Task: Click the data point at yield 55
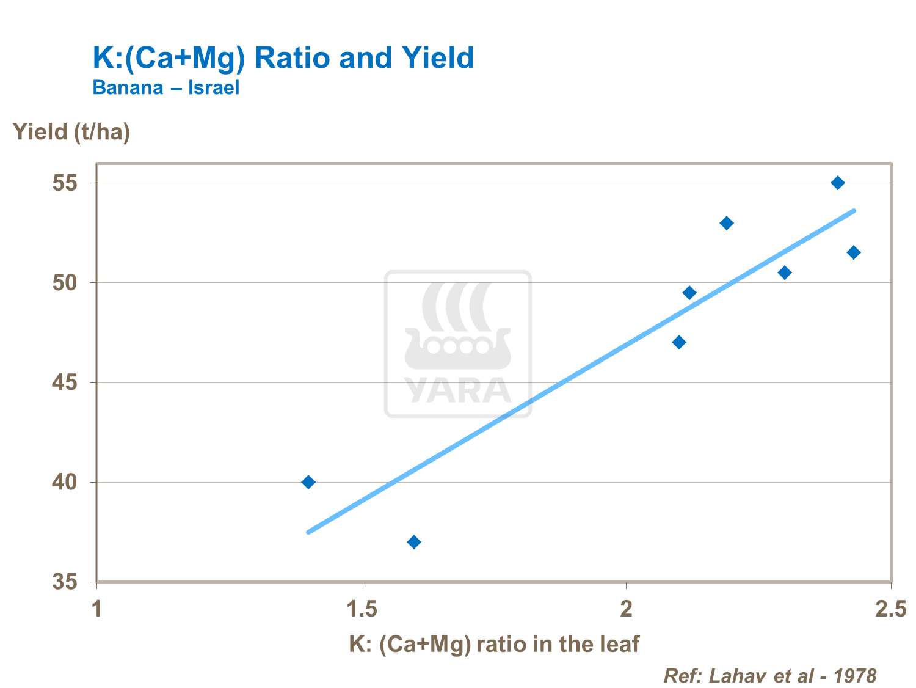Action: click(x=838, y=183)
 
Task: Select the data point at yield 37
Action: click(x=414, y=542)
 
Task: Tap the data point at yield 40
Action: click(x=308, y=482)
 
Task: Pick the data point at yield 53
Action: click(x=727, y=223)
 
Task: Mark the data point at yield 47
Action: click(x=679, y=342)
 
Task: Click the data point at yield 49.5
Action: click(x=689, y=293)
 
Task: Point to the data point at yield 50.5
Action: click(x=785, y=273)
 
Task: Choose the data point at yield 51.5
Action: click(x=854, y=252)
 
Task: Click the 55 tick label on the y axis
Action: click(x=65, y=183)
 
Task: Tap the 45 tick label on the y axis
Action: click(x=65, y=382)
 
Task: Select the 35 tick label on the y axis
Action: click(x=65, y=582)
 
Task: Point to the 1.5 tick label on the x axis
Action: click(x=362, y=609)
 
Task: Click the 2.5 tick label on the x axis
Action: click(x=891, y=609)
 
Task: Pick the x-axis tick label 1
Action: click(x=97, y=609)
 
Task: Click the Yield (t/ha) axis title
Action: click(x=71, y=132)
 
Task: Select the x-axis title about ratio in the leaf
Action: click(x=494, y=644)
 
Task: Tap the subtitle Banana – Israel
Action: click(x=165, y=87)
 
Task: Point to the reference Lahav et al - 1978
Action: click(x=769, y=676)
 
